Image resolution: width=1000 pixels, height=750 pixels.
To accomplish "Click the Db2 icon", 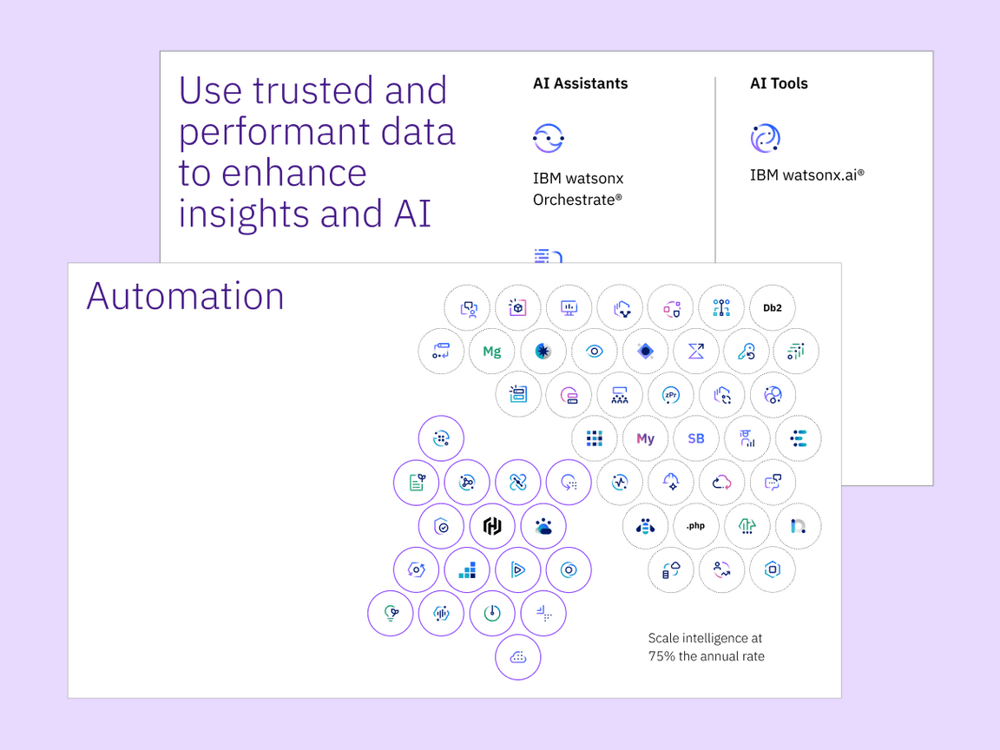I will (772, 307).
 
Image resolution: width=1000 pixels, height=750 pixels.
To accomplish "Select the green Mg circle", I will (492, 352).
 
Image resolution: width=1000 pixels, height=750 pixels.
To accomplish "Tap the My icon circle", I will (645, 438).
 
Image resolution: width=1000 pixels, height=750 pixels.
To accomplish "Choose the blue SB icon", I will (696, 438).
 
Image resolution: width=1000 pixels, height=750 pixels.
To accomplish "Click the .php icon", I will (695, 526).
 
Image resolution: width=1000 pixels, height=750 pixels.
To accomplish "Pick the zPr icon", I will (670, 395).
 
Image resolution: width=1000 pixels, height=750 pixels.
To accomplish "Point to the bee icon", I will (645, 526).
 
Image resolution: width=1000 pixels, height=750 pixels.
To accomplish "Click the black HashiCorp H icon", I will (492, 526).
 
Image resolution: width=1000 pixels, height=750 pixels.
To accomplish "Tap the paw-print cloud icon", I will (543, 526).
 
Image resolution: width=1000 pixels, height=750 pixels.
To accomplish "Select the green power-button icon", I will (492, 614).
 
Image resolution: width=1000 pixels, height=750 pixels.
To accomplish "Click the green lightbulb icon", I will (391, 614).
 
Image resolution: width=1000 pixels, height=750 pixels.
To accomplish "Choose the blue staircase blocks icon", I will (467, 569).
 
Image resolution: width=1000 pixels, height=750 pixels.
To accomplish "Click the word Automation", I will (186, 296).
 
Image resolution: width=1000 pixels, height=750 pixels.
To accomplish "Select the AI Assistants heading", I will (580, 84).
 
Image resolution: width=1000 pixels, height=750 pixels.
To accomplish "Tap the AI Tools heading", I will (779, 84).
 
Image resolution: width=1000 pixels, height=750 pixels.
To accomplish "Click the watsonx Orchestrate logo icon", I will (549, 137).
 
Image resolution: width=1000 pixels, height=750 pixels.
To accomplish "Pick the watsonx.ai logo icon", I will (766, 138).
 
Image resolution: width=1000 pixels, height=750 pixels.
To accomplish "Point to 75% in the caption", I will (662, 656).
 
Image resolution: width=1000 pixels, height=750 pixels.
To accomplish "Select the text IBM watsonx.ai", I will (806, 175).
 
